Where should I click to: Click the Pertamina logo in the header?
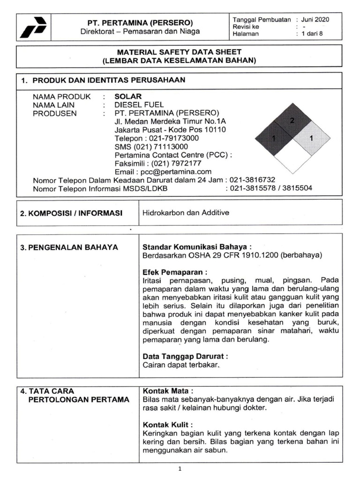point(33,27)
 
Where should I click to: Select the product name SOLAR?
point(128,96)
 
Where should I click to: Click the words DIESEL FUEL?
point(139,105)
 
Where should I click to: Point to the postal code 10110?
point(213,130)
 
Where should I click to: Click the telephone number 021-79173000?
point(173,138)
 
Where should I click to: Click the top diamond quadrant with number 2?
point(292,121)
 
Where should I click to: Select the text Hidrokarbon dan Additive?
point(186,213)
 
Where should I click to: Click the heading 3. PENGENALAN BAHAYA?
point(69,247)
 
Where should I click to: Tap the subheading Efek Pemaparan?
point(175,271)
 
